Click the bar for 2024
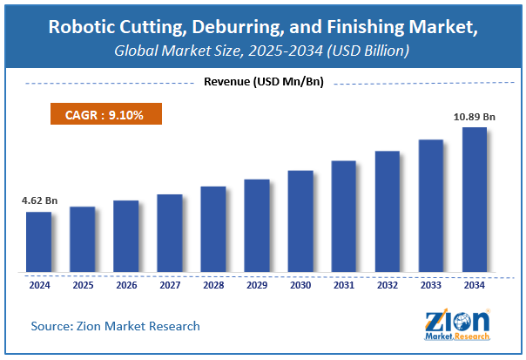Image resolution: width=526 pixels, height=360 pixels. click(x=38, y=241)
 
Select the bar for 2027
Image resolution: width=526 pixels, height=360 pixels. click(x=169, y=233)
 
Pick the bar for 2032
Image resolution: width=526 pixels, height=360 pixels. click(x=387, y=211)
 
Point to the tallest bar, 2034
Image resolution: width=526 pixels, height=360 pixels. click(x=474, y=200)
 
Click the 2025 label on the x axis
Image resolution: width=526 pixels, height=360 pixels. click(x=82, y=284)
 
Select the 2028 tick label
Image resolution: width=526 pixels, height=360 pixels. click(x=212, y=284)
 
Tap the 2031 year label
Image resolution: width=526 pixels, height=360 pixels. click(x=343, y=284)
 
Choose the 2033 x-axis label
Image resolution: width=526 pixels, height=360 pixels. click(x=430, y=284)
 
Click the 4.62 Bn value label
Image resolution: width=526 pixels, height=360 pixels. click(x=38, y=201)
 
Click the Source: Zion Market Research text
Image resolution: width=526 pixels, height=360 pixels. click(x=115, y=326)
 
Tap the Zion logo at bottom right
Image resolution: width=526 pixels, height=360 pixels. click(x=458, y=324)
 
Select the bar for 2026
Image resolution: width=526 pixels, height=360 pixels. click(x=125, y=236)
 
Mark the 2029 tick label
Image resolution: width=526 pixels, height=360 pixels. click(x=256, y=284)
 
